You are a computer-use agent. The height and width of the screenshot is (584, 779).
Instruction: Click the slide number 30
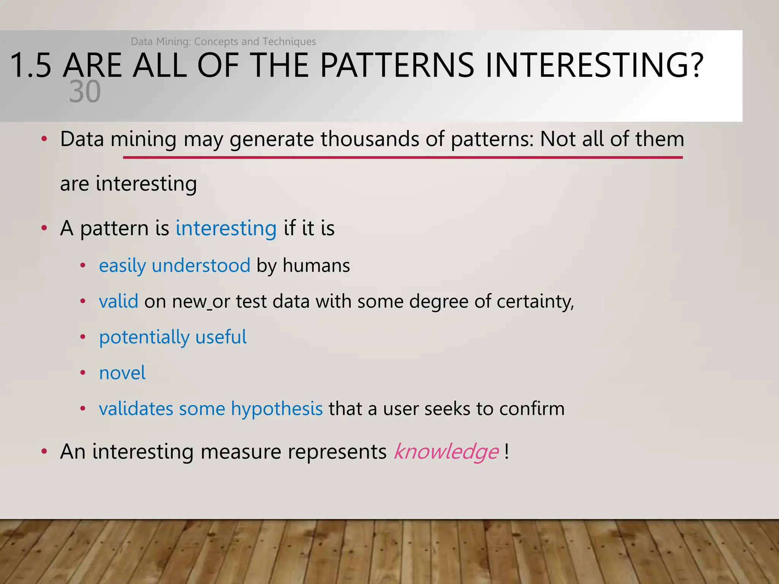pos(85,92)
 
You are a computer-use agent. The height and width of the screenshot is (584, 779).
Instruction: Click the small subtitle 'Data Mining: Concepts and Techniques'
pos(223,41)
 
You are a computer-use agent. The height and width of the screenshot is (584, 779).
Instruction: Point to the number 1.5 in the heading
pos(30,65)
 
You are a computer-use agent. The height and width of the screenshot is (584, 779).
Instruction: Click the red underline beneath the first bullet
pos(402,157)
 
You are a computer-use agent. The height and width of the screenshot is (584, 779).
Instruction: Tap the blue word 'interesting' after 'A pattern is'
pos(226,229)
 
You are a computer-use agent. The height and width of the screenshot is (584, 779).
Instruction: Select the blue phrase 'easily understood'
pos(175,266)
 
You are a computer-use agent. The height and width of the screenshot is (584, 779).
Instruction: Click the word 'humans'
pos(316,265)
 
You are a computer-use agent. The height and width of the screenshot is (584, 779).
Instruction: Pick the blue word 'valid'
pos(118,302)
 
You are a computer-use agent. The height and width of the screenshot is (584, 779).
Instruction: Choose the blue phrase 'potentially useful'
pos(173,337)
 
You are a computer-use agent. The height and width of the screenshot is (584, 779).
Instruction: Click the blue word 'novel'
pos(122,373)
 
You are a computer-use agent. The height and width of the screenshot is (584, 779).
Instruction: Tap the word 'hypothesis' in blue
pos(277,409)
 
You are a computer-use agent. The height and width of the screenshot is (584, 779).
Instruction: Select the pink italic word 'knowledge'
pos(446,452)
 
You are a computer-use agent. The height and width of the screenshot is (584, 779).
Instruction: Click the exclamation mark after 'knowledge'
pos(507,452)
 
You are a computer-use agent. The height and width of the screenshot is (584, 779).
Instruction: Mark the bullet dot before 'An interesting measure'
pos(45,452)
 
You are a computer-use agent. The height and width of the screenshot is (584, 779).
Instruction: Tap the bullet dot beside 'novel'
pos(83,373)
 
